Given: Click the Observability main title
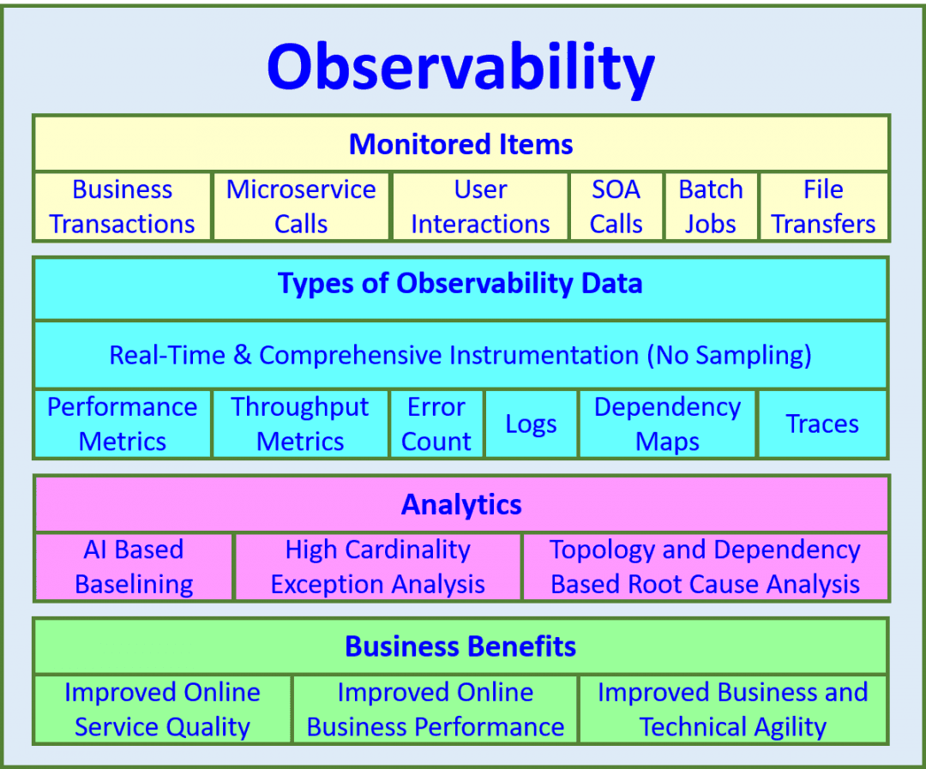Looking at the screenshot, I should (461, 67).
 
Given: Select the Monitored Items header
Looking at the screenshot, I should (461, 143).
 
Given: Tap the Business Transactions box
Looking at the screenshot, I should (123, 207).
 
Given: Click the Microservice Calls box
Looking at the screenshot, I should (301, 207).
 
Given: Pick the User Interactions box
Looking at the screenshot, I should (480, 207).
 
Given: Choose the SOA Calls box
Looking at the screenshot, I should (616, 207).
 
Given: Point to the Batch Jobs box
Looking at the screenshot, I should (711, 207).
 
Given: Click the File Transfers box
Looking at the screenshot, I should (823, 207).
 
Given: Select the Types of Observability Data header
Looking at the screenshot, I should (460, 284).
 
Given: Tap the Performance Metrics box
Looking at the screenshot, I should (123, 424).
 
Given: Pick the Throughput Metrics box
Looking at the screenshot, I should (300, 424).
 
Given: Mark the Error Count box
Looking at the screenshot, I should (436, 424).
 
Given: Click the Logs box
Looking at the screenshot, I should (531, 424).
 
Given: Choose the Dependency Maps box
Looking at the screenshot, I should (667, 424).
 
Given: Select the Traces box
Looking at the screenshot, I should (822, 424).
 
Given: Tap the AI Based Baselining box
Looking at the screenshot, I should (134, 567).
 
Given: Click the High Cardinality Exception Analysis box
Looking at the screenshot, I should (378, 567).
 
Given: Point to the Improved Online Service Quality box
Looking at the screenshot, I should (162, 709).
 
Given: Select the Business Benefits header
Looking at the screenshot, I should (460, 646).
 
